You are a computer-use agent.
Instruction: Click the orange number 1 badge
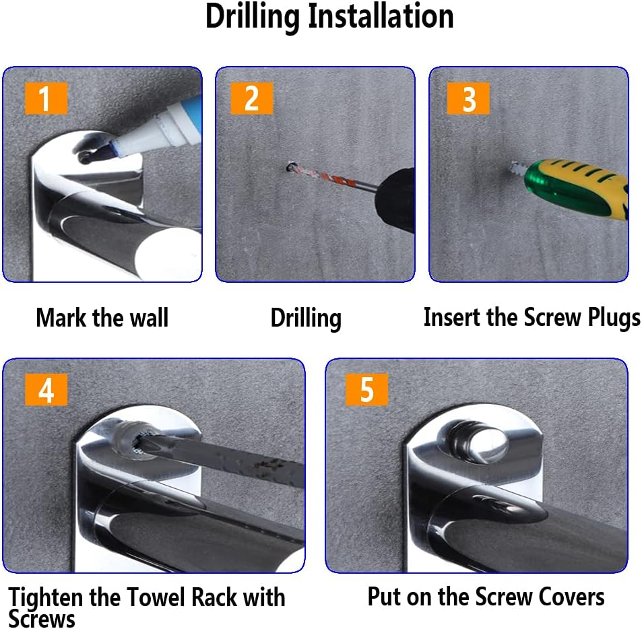pos(46,98)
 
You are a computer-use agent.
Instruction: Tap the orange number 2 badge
pos(251,98)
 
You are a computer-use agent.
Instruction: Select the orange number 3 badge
pos(468,98)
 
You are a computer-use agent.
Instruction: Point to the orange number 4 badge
pos(46,390)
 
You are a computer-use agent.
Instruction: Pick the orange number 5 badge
pos(366,390)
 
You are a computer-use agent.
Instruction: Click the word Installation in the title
pos(381,16)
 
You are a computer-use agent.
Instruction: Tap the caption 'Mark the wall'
pos(102,318)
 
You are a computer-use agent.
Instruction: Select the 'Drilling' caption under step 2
pos(306,319)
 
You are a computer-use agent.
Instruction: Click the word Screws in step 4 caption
pos(42,618)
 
